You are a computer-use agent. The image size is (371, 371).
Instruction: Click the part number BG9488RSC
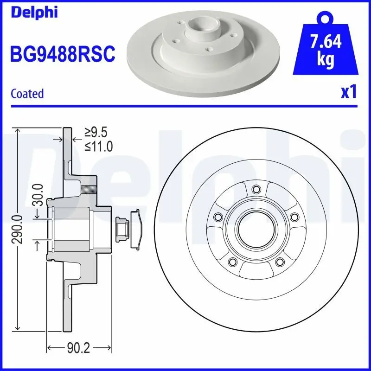click(62, 54)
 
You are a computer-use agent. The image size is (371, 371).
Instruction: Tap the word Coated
click(27, 93)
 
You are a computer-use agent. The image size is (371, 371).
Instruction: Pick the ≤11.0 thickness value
click(98, 147)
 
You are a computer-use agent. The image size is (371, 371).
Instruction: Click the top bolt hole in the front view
click(255, 189)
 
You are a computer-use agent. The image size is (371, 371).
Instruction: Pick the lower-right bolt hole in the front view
click(279, 262)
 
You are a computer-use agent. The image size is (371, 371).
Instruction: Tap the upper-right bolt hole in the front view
click(294, 217)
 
